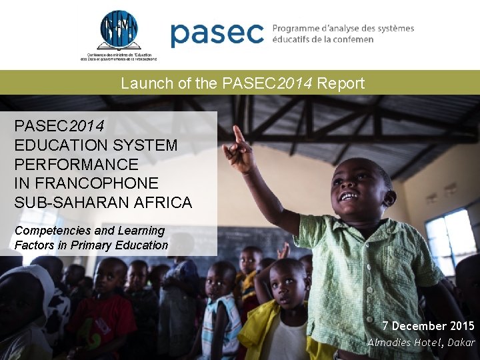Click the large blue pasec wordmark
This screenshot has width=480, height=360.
pyautogui.click(x=217, y=34)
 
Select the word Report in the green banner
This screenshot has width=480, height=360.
pyautogui.click(x=341, y=83)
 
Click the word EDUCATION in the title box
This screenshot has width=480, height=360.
pyautogui.click(x=55, y=145)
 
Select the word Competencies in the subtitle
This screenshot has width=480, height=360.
pyautogui.click(x=53, y=231)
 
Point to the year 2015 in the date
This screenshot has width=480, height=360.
pyautogui.click(x=461, y=326)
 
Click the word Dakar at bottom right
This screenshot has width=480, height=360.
pyautogui.click(x=461, y=343)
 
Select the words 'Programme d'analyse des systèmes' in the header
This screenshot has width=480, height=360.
pyautogui.click(x=343, y=29)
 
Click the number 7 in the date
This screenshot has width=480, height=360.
pyautogui.click(x=385, y=326)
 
